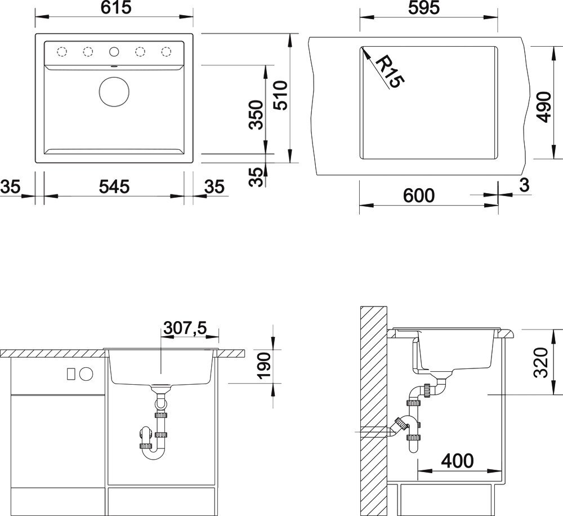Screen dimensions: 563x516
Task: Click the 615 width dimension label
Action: click(115, 8)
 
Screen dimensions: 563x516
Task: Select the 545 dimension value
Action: click(114, 187)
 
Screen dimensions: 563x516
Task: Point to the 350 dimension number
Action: click(257, 114)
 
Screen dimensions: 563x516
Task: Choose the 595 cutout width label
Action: click(424, 8)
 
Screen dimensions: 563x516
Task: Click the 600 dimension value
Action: click(419, 195)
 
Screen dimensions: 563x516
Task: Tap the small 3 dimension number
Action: click(525, 185)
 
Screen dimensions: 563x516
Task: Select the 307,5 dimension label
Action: click(185, 328)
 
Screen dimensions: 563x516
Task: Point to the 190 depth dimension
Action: click(264, 366)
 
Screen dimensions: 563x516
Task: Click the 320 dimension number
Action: click(540, 362)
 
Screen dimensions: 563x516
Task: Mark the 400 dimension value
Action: click(457, 461)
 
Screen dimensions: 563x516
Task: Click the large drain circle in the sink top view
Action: click(114, 92)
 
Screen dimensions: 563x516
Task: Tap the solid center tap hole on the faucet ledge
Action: click(114, 52)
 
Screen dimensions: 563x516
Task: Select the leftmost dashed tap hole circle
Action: click(62, 52)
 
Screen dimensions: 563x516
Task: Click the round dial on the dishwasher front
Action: click(86, 374)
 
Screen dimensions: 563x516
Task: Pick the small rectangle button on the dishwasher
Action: click(71, 374)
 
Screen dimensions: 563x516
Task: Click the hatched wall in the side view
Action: click(374, 410)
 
